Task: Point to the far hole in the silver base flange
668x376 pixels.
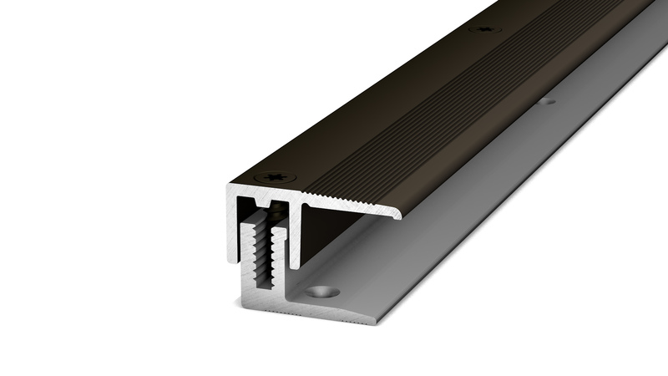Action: [549, 103]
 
